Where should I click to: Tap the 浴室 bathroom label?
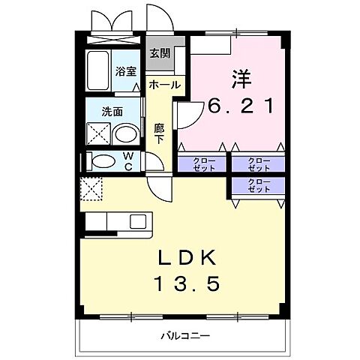point(124,72)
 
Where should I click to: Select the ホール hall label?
point(164,85)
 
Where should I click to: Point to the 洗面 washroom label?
point(113,112)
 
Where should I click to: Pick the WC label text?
point(128,162)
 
